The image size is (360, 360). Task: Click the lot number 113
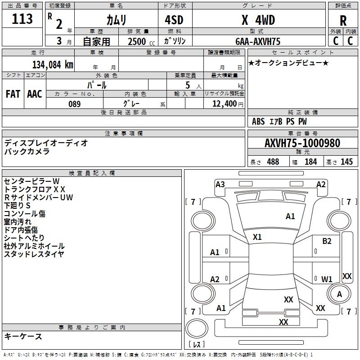(22, 19)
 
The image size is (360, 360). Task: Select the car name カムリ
(116, 20)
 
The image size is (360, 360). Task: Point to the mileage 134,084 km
(52, 64)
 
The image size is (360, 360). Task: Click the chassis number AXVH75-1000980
(302, 143)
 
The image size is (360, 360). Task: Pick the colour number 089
(74, 104)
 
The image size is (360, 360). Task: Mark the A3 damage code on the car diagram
(220, 184)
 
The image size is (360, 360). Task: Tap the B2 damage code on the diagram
(327, 241)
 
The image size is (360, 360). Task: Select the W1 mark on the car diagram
(327, 279)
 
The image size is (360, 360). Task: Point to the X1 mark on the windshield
(257, 237)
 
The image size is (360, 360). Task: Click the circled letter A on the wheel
(339, 294)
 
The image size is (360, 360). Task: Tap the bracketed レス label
(197, 345)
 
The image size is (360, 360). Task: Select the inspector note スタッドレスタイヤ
(34, 254)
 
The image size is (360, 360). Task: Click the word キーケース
(23, 336)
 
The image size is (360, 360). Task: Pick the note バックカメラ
(27, 152)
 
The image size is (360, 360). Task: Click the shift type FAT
(13, 94)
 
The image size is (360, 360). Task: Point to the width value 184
(311, 162)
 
